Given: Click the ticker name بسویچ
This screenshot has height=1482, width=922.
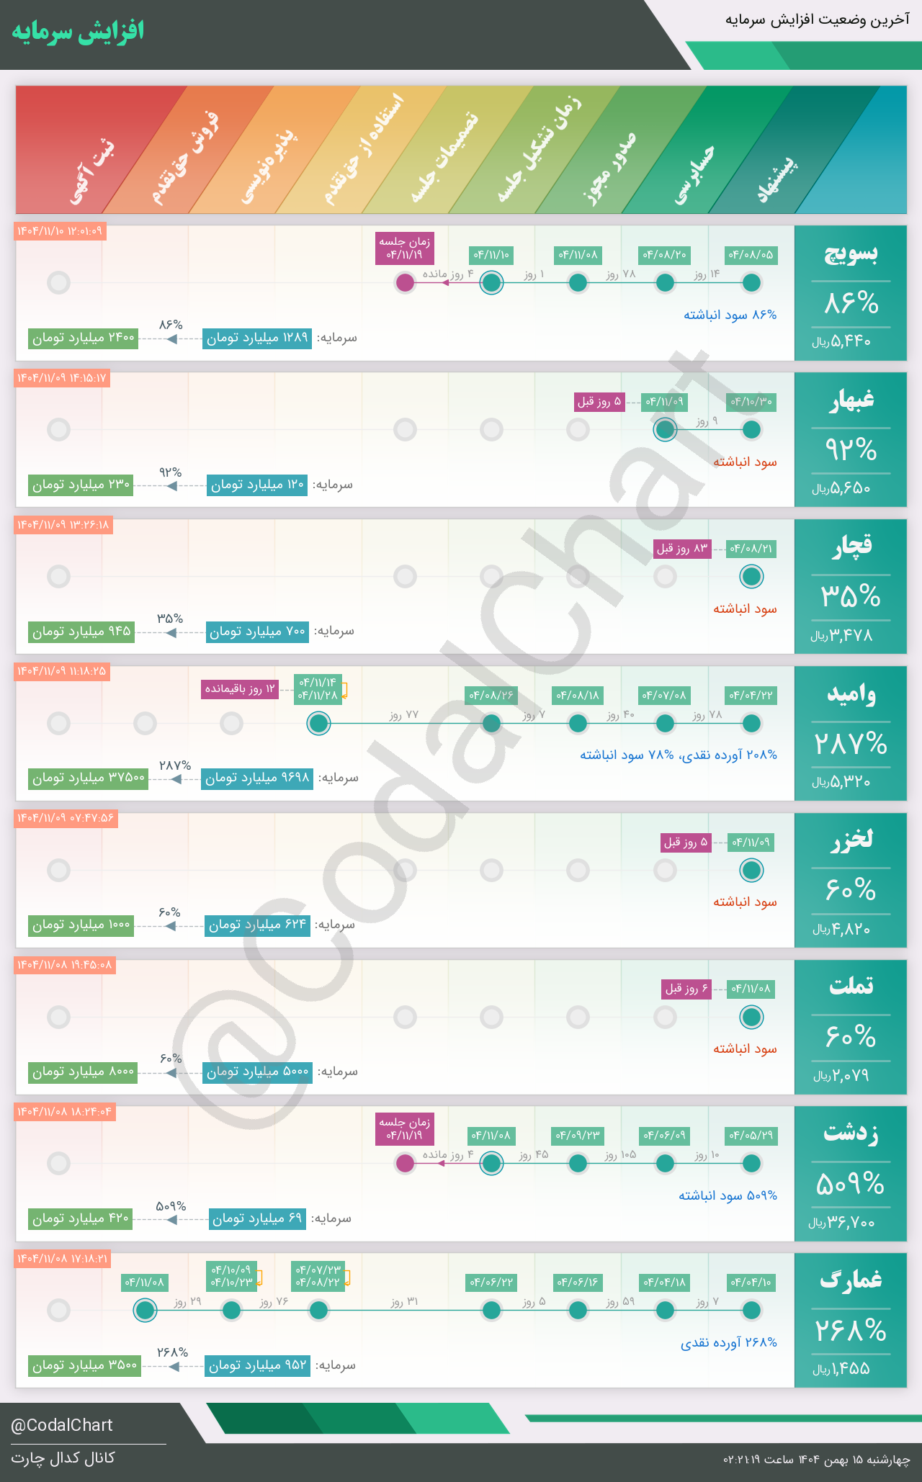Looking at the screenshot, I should (x=851, y=253).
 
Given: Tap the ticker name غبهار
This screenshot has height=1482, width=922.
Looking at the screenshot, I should (x=851, y=400).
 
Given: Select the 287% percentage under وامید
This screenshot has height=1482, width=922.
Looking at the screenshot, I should (x=851, y=743).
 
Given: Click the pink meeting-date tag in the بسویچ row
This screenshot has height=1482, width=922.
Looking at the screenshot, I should (x=406, y=248).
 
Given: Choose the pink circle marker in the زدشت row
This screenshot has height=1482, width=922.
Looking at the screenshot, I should (x=406, y=1163).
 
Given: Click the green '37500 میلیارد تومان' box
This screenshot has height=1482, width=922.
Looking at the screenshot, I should (x=88, y=778).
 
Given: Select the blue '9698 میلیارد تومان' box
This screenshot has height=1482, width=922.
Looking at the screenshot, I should (x=257, y=778).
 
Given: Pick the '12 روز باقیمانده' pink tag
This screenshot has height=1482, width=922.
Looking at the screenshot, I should (x=241, y=689).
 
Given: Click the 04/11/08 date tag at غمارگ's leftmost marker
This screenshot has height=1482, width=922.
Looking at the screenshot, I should (x=145, y=1283).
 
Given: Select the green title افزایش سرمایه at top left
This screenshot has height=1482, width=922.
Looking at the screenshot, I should (x=78, y=32).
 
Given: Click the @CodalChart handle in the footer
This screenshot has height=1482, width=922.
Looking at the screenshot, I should (x=62, y=1425).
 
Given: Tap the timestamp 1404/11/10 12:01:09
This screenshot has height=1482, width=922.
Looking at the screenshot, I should (x=60, y=231).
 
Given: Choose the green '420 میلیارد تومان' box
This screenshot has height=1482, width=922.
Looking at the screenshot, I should (x=81, y=1219).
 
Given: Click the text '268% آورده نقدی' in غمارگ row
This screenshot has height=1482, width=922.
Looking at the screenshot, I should (x=728, y=1343).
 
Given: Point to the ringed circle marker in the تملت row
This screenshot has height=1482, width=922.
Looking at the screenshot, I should (x=751, y=1017).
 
